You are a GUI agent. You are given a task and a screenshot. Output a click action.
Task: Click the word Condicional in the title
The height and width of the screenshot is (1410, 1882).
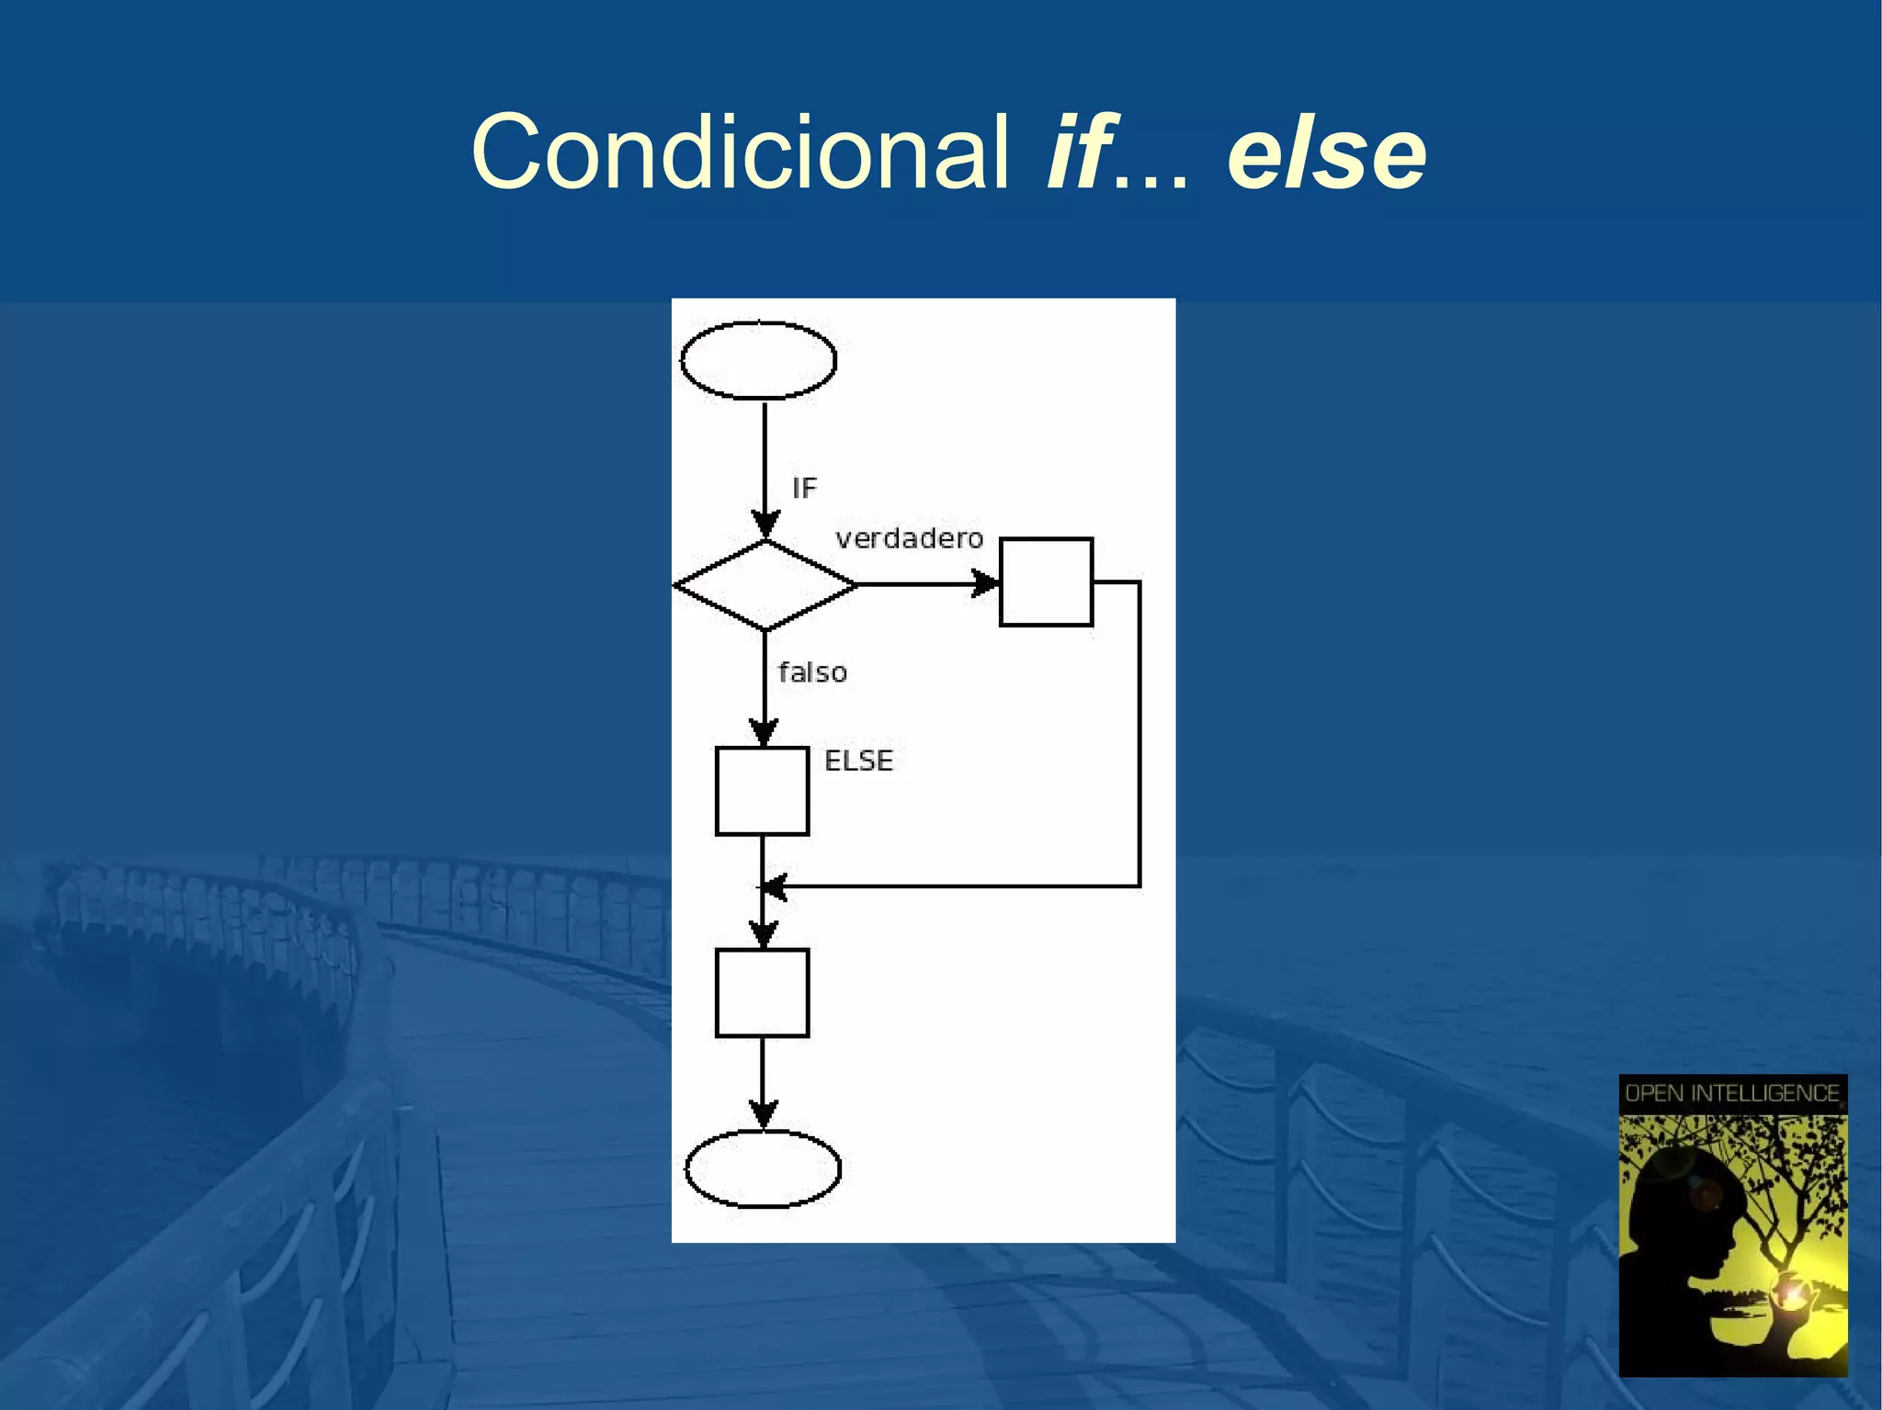[740, 152]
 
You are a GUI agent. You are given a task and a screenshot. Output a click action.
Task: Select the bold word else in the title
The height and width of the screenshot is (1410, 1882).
[1326, 153]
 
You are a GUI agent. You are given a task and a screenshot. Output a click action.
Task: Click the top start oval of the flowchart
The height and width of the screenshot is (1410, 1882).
[758, 360]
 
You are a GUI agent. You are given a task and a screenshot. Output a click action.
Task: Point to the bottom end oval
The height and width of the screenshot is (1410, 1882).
[763, 1168]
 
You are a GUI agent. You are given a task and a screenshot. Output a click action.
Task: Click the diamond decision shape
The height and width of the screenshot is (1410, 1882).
[765, 585]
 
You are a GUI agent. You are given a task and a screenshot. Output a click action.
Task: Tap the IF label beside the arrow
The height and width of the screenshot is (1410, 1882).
[804, 488]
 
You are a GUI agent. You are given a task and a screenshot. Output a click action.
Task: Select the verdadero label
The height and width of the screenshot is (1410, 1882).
[909, 538]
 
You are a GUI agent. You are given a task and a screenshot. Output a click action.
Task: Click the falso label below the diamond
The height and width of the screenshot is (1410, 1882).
[812, 672]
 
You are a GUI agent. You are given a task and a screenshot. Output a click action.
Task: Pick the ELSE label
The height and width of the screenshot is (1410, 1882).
[858, 761]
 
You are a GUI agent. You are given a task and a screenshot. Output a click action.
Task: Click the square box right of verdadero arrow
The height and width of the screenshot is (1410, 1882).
[1046, 582]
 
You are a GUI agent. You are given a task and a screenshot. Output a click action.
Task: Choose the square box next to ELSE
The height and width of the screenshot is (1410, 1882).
[762, 791]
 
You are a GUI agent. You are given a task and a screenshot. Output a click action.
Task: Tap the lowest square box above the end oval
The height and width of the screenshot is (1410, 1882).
[762, 993]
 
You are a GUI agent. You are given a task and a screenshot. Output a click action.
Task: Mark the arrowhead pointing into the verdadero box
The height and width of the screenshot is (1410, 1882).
[986, 583]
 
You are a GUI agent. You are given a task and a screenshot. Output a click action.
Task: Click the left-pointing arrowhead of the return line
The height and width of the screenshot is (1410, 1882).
[774, 887]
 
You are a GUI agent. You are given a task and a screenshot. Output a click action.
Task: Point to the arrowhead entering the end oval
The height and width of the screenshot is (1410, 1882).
[763, 1114]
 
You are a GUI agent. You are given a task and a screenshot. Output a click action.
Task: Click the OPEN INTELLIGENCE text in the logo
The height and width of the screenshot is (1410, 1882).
[1731, 1093]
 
